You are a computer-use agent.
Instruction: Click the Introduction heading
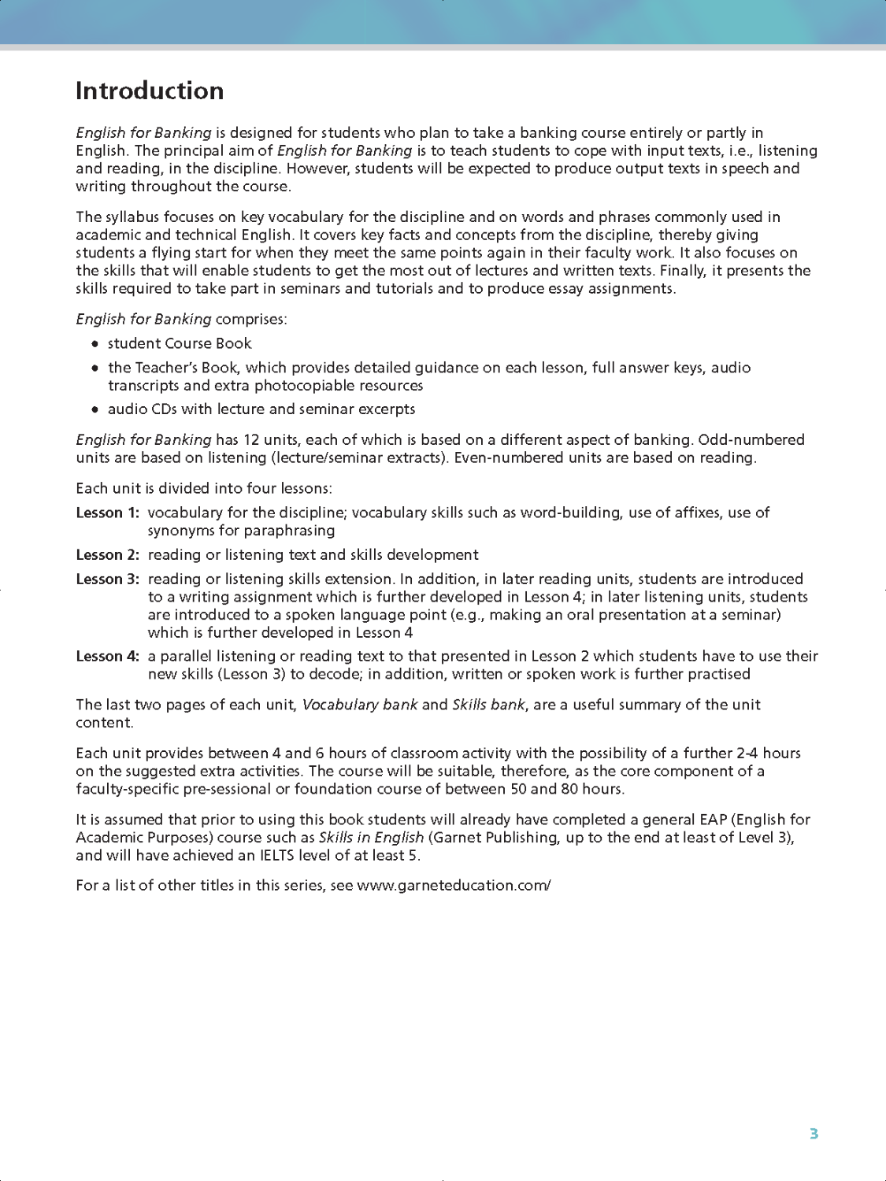tap(150, 91)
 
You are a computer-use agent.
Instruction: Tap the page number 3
tap(814, 1134)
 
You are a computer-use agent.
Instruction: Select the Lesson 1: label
tap(107, 513)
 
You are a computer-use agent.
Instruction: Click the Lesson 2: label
tap(107, 555)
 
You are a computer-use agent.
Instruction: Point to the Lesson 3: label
tap(107, 579)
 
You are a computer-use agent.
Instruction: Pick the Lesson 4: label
tap(107, 656)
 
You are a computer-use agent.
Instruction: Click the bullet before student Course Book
tap(95, 344)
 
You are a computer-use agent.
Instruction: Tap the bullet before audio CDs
tap(95, 409)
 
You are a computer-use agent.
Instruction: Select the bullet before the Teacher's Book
tap(95, 368)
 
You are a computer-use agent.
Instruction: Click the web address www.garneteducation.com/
tap(454, 885)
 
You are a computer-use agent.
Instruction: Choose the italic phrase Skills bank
tap(488, 705)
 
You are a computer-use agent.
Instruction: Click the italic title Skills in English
tap(371, 837)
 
